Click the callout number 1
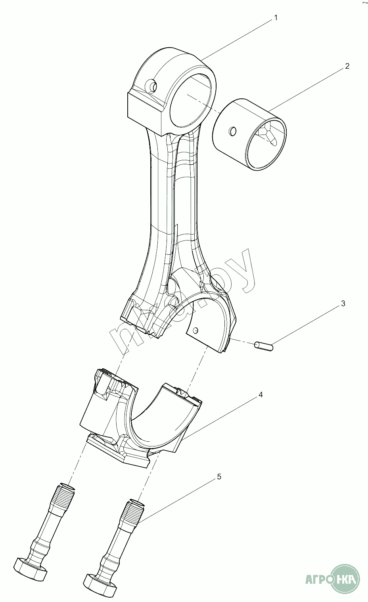point(276,18)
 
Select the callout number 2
point(347,66)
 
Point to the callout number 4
point(261,395)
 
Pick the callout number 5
point(219,477)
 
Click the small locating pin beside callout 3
point(264,346)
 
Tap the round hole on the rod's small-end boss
point(151,85)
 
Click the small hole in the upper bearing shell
point(195,330)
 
